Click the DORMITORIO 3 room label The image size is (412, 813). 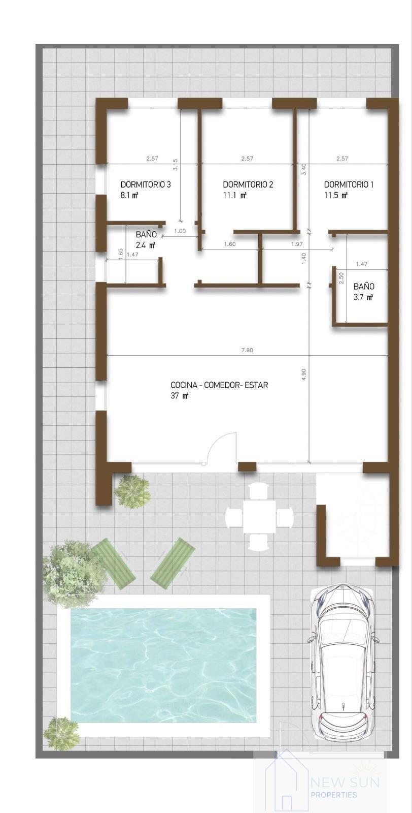pos(145,184)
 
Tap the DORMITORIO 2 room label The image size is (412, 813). pos(248,184)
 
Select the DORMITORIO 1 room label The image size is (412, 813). pos(349,184)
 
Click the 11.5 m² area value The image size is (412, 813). pos(336,195)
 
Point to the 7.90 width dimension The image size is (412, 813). pos(247,350)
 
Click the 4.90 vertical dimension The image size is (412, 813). pos(304,374)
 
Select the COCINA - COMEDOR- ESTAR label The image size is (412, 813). pos(219,385)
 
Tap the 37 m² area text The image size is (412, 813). pos(180,396)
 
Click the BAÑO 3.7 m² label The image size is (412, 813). pos(363,292)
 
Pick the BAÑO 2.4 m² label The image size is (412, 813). pos(146,239)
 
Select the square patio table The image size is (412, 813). pos(259,517)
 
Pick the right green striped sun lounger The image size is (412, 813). pos(173,563)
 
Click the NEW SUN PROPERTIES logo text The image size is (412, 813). pos(344,787)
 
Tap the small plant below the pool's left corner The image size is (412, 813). pos(61,733)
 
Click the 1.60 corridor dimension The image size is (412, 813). pos(229,244)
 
